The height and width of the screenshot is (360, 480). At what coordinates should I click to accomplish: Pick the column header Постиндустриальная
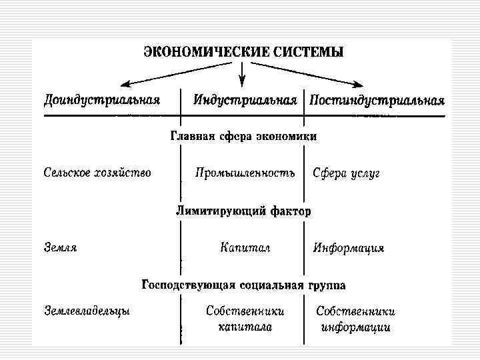pos(376,101)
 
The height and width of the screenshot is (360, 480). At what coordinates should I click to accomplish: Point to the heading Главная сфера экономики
pos(243,136)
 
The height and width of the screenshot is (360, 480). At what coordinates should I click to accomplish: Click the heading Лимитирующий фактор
pos(243,211)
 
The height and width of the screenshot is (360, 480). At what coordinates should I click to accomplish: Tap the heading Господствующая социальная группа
pos(243,285)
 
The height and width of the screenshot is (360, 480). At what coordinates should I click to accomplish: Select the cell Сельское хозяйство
pos(97,173)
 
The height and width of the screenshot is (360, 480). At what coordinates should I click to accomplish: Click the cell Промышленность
pos(245,173)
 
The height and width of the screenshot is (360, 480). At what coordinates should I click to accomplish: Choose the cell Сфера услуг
pos(346,173)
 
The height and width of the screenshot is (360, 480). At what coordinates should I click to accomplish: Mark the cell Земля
pos(61,247)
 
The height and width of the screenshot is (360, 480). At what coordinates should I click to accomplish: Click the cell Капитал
pos(245,247)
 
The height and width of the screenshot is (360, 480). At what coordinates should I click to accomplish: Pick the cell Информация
pos(349,248)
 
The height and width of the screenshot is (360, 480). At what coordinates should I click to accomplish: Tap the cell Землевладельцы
pos(87,310)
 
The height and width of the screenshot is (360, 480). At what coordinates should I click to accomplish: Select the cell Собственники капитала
pos(245,319)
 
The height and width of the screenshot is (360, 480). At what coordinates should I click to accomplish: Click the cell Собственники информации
pos(355,319)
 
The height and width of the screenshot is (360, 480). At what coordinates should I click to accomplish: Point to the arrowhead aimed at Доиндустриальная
pos(125,85)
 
